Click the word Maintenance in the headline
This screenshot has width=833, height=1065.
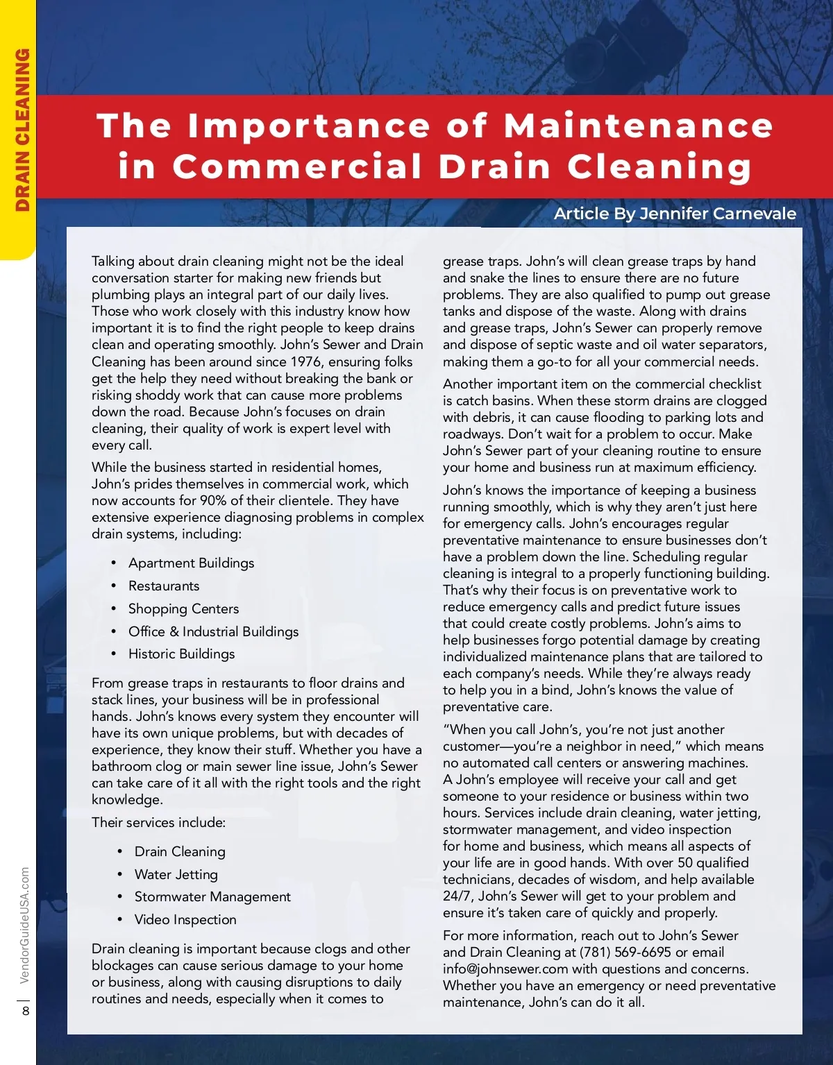638,126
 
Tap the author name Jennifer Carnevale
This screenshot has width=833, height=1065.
718,214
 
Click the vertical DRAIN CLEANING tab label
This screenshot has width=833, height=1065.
22,130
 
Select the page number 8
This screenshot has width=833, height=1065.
26,1010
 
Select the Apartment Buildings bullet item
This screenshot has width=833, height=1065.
191,563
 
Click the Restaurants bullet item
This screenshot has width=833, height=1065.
164,586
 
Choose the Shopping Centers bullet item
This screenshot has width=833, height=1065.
183,608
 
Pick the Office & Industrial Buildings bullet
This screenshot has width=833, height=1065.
213,631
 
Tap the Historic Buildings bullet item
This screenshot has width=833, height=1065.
181,654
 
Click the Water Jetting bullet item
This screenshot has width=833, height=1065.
176,874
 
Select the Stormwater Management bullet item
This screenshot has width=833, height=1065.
212,896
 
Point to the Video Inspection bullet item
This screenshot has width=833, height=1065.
185,919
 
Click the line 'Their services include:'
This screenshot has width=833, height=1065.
158,822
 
